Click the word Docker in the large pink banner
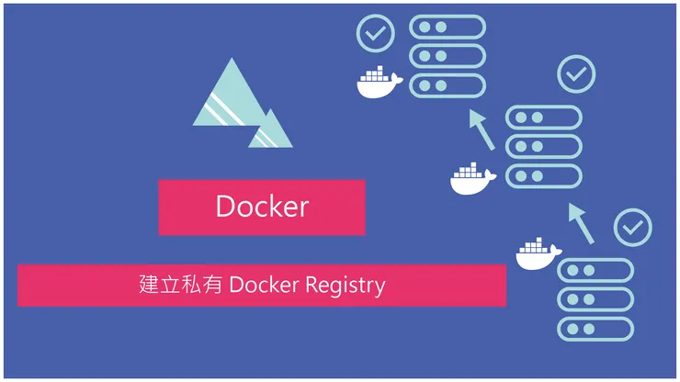coord(262,207)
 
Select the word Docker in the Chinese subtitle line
coord(266,286)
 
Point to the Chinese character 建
coord(149,286)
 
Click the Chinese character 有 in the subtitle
coord(209,286)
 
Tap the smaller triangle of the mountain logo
coord(270,131)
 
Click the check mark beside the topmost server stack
coord(375,34)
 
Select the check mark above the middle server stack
coord(577,73)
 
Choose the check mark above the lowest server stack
coord(632,228)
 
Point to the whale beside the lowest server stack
coord(538,254)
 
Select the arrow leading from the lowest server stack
coord(580,224)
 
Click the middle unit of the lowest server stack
coord(595,299)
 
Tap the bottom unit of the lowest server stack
coord(595,329)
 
